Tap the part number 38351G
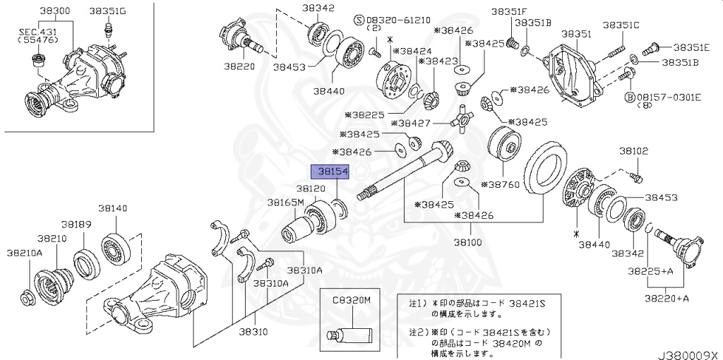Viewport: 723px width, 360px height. click(x=108, y=12)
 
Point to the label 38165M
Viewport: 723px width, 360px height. click(x=285, y=203)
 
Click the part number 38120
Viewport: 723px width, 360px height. click(x=311, y=189)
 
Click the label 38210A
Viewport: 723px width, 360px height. click(x=25, y=252)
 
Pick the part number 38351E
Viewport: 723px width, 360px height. click(x=691, y=47)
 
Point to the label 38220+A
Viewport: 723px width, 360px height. click(x=667, y=299)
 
